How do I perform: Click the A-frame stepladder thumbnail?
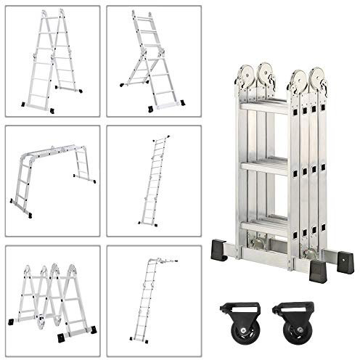(52, 61)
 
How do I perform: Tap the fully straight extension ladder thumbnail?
(152, 181)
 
